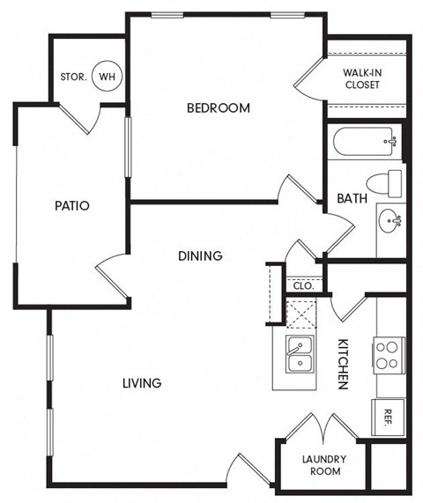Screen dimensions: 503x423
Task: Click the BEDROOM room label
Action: pos(219,108)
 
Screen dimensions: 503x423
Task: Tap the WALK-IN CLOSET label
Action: pos(361,78)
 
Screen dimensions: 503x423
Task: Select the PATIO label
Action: pos(72,205)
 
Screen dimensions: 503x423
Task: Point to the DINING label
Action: pos(200,255)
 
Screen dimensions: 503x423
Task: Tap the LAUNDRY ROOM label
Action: pos(323,465)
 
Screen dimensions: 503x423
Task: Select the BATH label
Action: pos(352,198)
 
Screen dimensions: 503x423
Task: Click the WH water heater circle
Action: pos(107,77)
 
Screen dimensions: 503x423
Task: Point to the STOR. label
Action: pos(73,77)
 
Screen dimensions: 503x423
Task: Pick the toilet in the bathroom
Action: pos(385,183)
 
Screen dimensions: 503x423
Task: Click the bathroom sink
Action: pos(390,219)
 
